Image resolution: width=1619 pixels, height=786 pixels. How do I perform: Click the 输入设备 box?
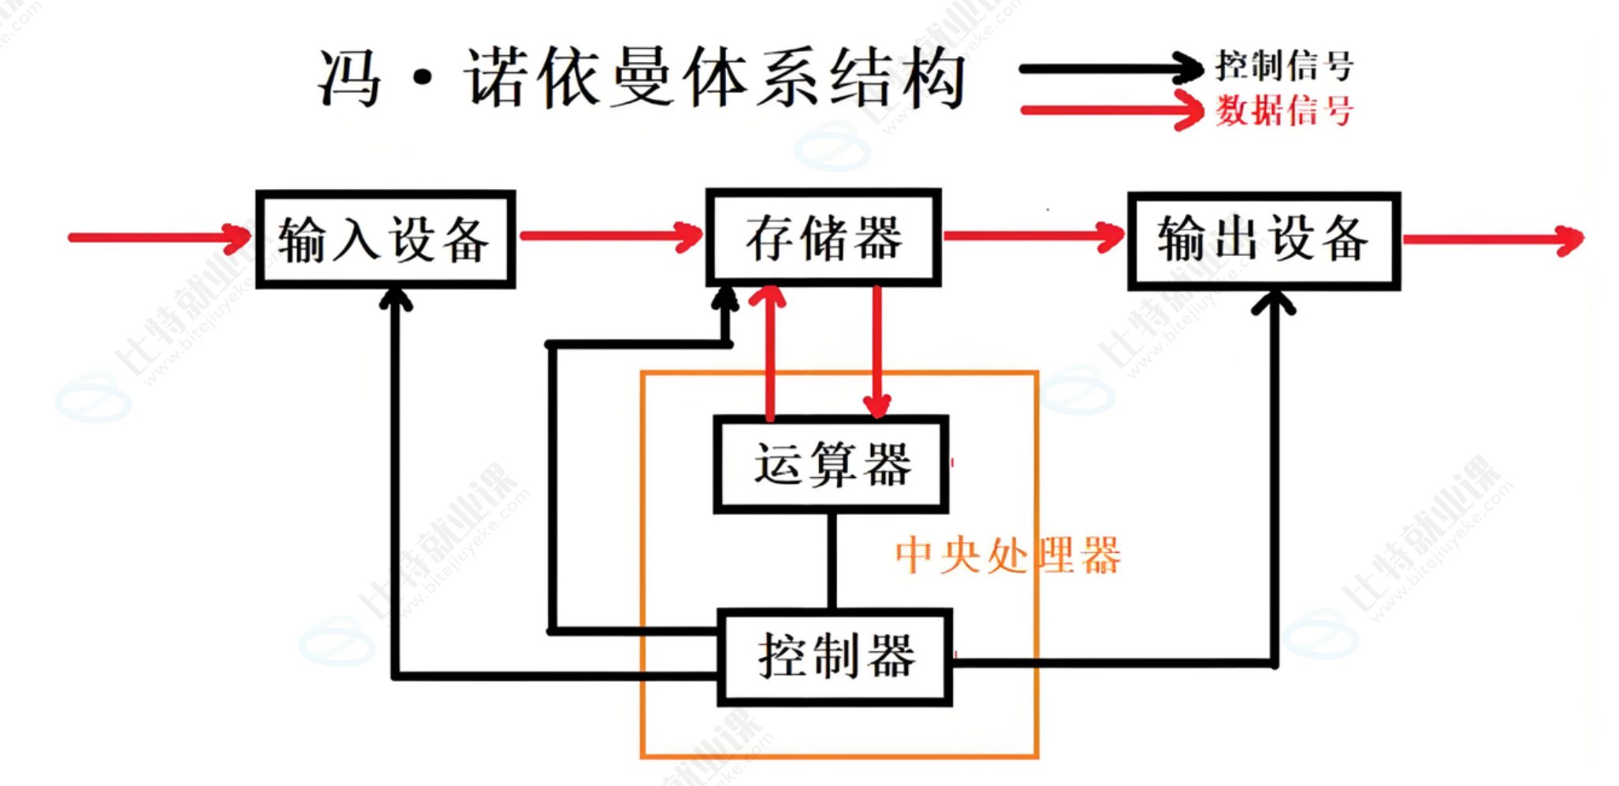pos(385,239)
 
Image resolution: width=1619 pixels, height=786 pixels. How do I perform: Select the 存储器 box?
pos(823,237)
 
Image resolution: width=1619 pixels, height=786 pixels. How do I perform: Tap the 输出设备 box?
pos(1264,240)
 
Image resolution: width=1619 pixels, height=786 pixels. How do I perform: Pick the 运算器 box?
pos(831,464)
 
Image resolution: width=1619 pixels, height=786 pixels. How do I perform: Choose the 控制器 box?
pos(835,657)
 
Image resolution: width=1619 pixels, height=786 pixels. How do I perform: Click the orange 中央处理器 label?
pos(1007,554)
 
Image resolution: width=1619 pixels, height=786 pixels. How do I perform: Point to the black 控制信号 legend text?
pos(1284,65)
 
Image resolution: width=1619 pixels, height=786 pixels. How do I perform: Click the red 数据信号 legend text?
pos(1284,110)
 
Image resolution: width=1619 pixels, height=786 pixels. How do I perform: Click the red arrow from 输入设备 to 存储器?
pos(611,235)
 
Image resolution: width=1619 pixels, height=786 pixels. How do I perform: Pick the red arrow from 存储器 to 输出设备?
pos(1033,235)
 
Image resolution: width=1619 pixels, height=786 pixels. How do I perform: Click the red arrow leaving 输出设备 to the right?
pos(1494,239)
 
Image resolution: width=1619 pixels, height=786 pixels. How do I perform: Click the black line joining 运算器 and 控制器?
pos(832,560)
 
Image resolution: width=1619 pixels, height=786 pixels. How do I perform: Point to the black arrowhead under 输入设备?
pos(396,300)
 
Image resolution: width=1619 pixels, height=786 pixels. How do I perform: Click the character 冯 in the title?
pos(349,77)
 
